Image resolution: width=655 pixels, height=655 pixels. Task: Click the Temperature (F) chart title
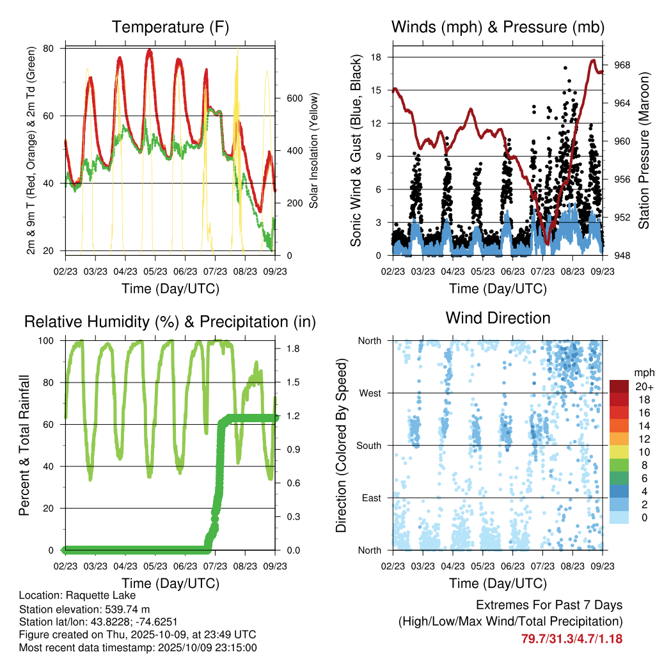(x=170, y=27)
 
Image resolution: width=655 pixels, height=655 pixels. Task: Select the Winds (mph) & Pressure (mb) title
(x=498, y=27)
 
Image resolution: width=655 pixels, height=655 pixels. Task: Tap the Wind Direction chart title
(x=498, y=318)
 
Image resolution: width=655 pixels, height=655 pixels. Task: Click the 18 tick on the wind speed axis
(x=377, y=58)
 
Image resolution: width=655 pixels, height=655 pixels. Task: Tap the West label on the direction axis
(x=370, y=393)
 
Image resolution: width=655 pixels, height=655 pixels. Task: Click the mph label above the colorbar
(x=643, y=372)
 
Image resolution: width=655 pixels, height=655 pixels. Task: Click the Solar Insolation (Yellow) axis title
(x=314, y=150)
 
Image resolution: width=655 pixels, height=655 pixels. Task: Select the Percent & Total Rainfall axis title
(x=25, y=445)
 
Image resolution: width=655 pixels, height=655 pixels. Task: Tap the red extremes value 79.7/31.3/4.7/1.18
(x=572, y=638)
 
